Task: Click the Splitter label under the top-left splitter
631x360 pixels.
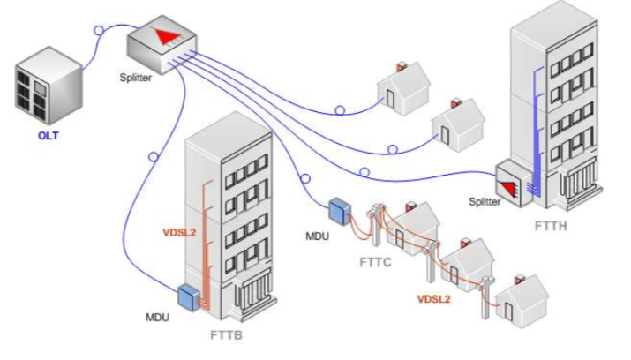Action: coord(137,78)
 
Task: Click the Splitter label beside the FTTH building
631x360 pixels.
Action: coord(485,202)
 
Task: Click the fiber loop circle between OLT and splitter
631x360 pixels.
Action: coord(98,32)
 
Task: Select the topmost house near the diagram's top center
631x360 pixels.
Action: coord(402,86)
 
